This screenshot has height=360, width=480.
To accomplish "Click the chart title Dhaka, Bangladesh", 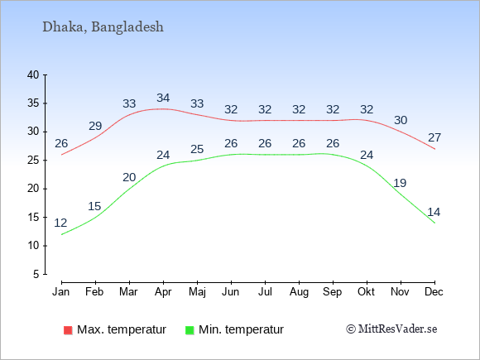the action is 103,27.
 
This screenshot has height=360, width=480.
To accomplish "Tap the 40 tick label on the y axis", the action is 33,74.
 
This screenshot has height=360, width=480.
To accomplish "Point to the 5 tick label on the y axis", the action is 36,274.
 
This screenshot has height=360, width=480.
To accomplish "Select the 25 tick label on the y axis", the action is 33,160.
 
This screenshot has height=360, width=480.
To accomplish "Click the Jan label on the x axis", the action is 61,292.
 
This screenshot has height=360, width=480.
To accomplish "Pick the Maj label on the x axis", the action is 197,292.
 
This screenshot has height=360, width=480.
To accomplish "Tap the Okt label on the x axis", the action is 366,292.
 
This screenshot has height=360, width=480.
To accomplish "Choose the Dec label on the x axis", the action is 434,292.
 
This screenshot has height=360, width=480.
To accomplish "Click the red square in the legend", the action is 68,330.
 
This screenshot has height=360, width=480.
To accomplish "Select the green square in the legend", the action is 190,330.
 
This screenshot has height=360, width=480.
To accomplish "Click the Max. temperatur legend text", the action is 122,329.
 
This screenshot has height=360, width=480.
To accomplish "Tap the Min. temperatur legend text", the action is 241,329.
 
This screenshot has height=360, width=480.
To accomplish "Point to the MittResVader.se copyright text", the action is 391,329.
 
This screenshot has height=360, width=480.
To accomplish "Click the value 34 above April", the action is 163,98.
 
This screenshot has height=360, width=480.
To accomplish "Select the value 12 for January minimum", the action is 60,223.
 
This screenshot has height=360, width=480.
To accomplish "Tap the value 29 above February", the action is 95,126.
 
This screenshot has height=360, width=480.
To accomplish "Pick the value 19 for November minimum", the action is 400,183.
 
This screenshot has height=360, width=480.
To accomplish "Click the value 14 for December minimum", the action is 434,212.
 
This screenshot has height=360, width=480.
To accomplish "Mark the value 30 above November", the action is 401,120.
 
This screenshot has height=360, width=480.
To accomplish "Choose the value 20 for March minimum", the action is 129,177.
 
